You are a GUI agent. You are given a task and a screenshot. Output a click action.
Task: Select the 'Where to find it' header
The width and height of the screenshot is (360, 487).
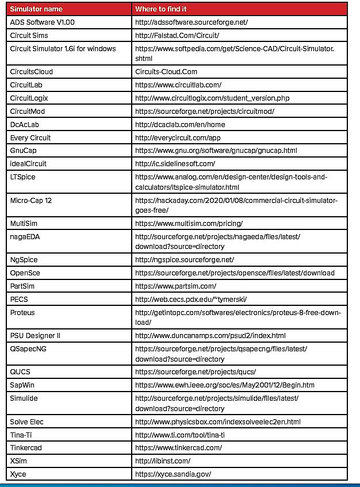tap(162, 9)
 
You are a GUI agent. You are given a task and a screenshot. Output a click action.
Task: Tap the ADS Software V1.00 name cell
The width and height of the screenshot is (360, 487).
tap(43, 22)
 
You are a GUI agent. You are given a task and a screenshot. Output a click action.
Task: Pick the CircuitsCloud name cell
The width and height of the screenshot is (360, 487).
tap(32, 72)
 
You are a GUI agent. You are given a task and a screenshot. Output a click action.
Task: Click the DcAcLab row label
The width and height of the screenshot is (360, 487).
tap(25, 124)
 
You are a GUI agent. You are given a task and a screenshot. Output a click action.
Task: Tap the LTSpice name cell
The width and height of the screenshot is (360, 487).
tap(23, 177)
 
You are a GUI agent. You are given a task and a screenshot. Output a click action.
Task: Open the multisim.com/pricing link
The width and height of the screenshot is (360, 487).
tap(189, 223)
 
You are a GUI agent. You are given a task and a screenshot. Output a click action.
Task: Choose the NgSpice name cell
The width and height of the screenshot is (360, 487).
tap(24, 260)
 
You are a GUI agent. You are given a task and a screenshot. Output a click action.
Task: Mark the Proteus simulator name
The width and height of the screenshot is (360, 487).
tap(22, 312)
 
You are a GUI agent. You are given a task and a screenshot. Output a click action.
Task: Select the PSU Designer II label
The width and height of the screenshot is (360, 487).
tap(35, 335)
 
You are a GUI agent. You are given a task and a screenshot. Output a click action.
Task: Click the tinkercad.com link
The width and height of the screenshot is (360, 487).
tap(178, 447)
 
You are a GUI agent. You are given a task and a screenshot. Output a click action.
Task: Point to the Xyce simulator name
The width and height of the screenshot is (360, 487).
tap(18, 474)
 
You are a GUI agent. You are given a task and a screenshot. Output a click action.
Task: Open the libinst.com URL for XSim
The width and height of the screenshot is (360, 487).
tap(163, 461)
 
